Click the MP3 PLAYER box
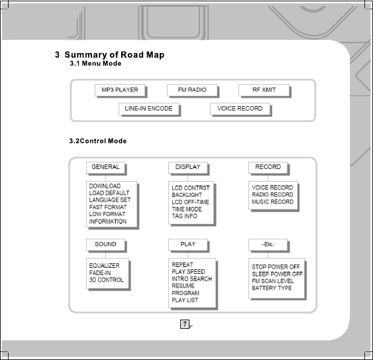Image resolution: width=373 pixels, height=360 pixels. coord(120,90)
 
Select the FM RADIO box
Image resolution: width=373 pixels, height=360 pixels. coord(192,90)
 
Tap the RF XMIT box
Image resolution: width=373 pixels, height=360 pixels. coord(264,90)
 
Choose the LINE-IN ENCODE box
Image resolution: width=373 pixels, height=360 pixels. coord(149,109)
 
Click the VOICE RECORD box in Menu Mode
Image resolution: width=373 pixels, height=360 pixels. coord(240,109)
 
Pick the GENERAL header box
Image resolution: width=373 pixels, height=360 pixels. coord(105,168)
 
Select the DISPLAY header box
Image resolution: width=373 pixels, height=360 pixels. coord(188,168)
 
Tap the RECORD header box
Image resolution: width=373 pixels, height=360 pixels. coord(268,168)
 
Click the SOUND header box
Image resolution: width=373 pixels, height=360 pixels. coord(105,245)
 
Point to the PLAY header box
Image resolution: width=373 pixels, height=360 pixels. coord(188,245)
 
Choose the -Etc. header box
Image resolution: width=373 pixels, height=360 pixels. coord(268,245)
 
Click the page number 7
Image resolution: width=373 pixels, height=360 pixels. coord(185,324)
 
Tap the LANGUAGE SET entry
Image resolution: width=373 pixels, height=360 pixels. coord(110,200)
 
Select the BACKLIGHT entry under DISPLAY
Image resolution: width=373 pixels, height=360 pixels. coord(187,195)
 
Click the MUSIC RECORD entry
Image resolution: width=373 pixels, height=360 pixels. coord(272,202)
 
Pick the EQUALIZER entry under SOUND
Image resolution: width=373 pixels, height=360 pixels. coord(104,266)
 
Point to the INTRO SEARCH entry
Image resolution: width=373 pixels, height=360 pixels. coord(191,279)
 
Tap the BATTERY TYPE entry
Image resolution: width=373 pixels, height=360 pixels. coord(272,288)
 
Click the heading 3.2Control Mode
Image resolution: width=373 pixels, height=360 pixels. coord(98,141)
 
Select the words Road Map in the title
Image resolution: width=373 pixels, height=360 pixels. coord(142,55)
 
